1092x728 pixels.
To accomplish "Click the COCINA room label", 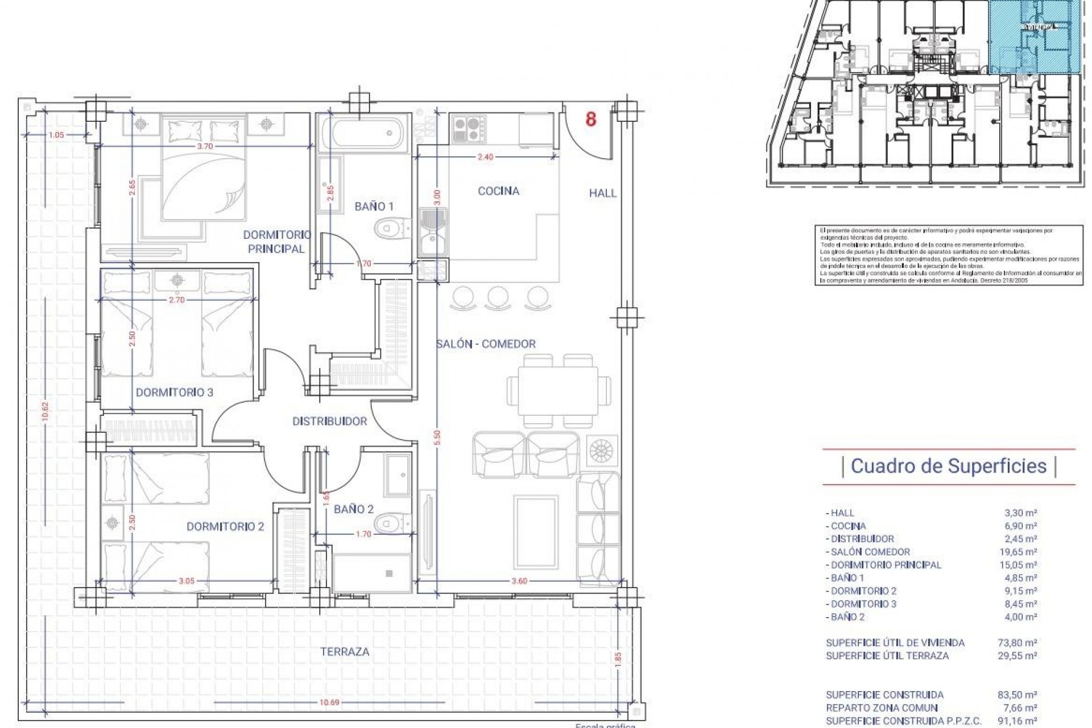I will [498, 191].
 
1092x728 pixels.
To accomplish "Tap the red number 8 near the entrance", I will [591, 119].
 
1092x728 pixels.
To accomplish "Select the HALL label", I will [602, 193].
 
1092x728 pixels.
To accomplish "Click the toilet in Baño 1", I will [391, 229].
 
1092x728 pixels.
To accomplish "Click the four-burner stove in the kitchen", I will [469, 129].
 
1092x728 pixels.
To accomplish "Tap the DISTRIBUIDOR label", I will [329, 421].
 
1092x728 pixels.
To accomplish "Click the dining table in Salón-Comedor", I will [557, 391].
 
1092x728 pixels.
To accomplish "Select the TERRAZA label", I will [345, 652].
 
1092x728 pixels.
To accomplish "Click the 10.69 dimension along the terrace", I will [329, 702].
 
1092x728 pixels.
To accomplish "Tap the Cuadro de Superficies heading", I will [949, 466].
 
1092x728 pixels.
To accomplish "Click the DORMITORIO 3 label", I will [174, 392].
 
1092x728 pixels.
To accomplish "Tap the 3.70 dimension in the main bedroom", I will [205, 146].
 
